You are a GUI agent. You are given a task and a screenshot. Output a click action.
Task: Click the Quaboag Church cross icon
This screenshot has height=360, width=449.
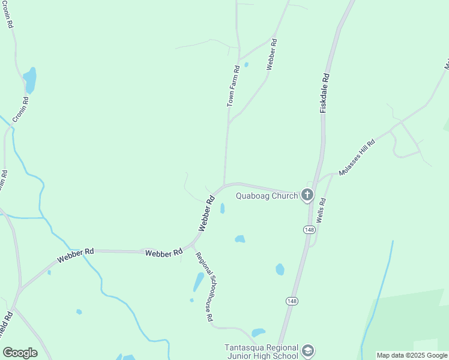coord(307,194)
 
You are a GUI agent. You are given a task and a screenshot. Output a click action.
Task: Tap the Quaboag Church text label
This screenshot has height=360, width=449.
coord(267,195)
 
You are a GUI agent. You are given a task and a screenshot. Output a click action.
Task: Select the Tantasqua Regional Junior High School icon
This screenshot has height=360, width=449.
coord(308,350)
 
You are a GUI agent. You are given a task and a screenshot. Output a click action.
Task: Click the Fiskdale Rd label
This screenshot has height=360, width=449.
coord(325,94)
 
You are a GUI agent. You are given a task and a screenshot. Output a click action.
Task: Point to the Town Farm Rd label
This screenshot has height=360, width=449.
coord(233,86)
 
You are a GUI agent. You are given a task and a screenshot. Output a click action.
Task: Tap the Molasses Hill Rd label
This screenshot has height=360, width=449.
coord(357,157)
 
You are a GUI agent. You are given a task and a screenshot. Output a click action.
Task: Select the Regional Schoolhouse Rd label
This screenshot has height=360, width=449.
coord(204,287)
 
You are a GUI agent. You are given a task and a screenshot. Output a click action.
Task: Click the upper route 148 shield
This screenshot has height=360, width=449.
coord(309,230)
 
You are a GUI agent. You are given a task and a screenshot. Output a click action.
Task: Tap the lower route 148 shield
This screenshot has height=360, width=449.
coord(292,301)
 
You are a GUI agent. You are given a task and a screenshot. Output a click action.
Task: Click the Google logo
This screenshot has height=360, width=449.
coord(20,352)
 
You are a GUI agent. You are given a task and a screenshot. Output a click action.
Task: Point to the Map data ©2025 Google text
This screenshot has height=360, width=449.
coord(412,355)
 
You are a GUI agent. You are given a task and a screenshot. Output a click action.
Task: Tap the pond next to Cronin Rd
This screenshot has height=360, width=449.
coord(29,80)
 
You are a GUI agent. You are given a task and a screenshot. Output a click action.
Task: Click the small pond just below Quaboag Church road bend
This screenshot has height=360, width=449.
coord(223,208)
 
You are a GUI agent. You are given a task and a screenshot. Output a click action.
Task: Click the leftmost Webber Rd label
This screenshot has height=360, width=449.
coord(76,256)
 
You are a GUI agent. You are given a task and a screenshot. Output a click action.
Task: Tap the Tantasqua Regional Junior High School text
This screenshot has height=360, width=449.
coord(261,352)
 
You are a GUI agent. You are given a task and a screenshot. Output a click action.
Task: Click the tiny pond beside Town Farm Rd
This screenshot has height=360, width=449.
coord(246,65)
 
